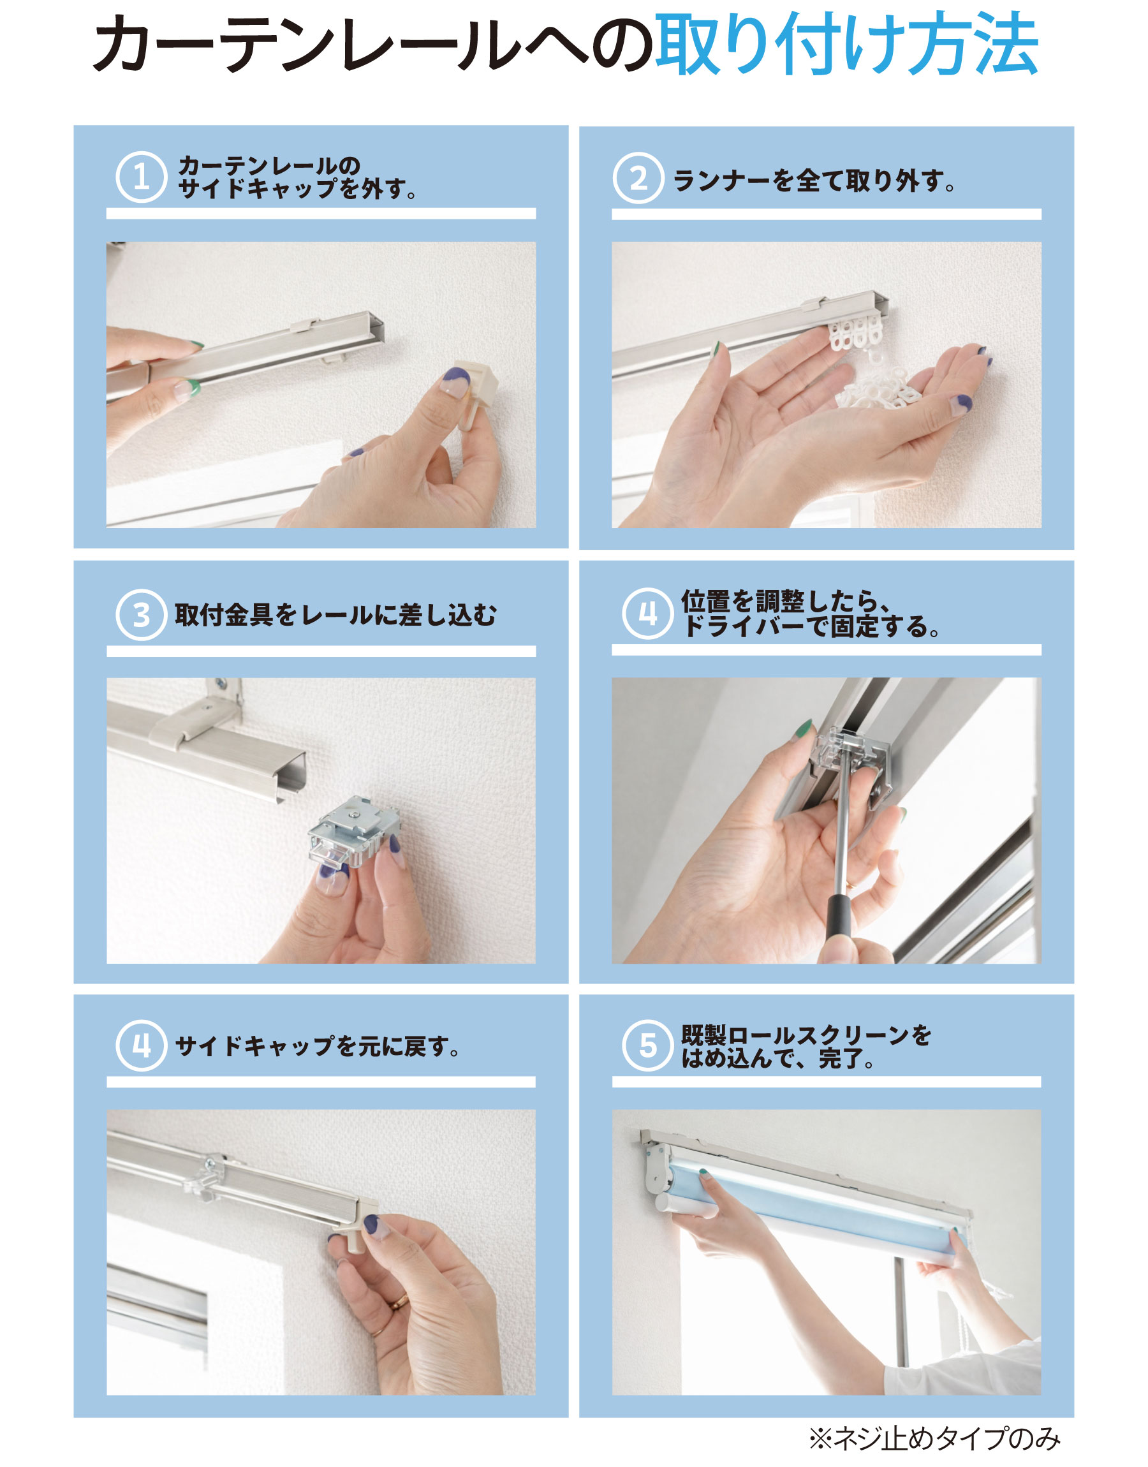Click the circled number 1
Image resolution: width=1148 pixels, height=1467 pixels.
141,177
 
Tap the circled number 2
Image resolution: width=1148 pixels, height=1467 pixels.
638,178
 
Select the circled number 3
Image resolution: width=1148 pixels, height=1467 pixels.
141,615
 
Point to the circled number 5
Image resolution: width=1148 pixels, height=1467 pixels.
647,1045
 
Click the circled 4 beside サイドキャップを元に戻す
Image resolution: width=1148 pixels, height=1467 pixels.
141,1045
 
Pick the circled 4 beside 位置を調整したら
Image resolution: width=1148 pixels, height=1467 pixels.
647,613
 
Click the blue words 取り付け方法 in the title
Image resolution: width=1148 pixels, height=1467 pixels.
848,43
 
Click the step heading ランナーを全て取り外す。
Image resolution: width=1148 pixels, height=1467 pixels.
814,181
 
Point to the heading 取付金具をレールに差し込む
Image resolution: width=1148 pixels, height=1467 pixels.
335,615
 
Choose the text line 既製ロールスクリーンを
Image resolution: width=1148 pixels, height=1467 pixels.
806,1035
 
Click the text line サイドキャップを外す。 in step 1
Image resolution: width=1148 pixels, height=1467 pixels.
298,189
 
